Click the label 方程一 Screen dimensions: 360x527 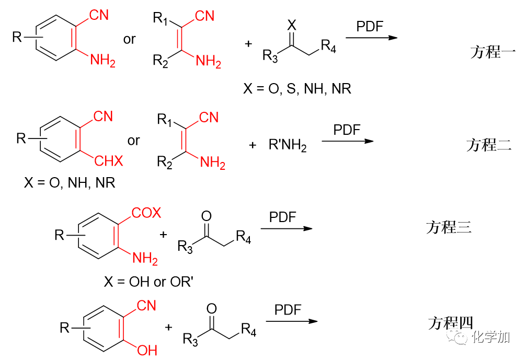coord(493,52)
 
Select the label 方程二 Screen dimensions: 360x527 coord(489,145)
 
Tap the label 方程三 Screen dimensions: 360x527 coord(449,227)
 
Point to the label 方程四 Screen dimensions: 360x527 coord(451,323)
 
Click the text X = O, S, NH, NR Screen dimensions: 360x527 coord(297,89)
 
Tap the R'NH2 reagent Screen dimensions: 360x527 coord(288,145)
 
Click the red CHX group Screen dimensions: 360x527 coord(109,161)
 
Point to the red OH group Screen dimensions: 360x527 coord(147,350)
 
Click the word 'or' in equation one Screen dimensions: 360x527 coord(130,40)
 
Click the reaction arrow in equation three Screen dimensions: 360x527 coord(287,228)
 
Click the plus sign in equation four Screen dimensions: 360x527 coord(168,328)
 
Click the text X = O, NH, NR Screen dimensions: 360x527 coord(70,183)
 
